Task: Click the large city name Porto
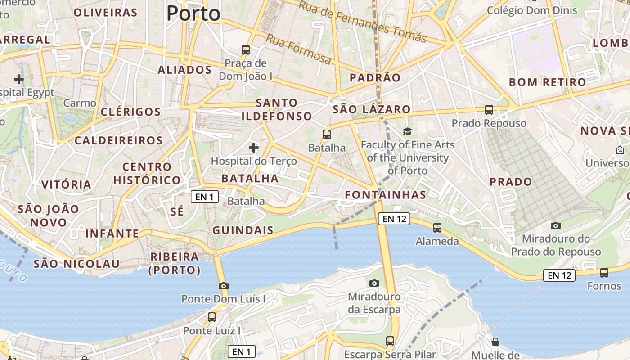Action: click(x=193, y=13)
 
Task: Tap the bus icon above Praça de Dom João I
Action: click(x=245, y=50)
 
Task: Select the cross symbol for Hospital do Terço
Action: click(x=254, y=147)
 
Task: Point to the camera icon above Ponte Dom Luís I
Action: click(x=223, y=286)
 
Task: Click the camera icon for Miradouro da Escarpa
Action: click(x=374, y=283)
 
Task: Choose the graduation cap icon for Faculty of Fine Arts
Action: click(x=407, y=131)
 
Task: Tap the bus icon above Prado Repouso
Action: click(x=489, y=109)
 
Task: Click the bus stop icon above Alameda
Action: click(x=437, y=228)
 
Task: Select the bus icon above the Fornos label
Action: click(x=604, y=272)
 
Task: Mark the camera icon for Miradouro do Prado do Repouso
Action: click(x=556, y=225)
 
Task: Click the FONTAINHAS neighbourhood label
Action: click(x=385, y=195)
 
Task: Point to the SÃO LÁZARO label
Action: click(x=371, y=109)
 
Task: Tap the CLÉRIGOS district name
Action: click(x=130, y=112)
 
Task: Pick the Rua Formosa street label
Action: click(x=298, y=49)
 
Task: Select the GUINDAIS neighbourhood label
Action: click(x=243, y=230)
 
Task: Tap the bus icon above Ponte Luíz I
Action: click(x=211, y=317)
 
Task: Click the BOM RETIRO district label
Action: click(x=547, y=82)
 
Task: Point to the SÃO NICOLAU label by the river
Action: click(x=76, y=264)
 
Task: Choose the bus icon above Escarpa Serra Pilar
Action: click(x=390, y=341)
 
